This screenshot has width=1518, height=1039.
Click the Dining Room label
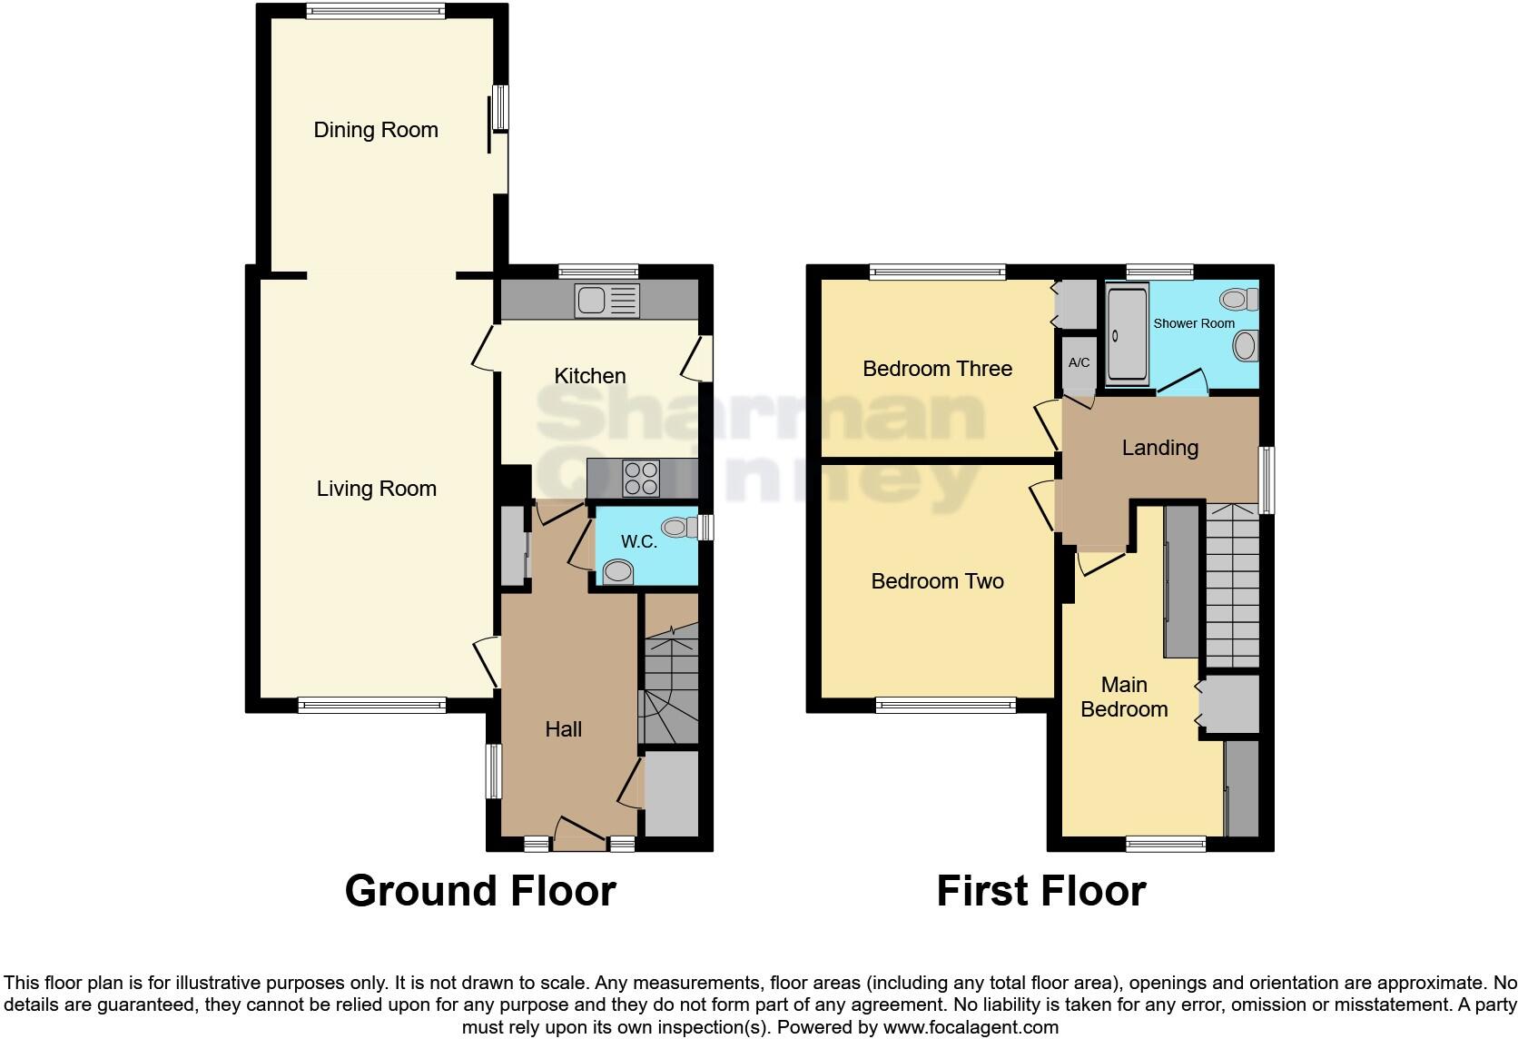pos(376,130)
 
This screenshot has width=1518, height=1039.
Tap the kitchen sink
pos(606,301)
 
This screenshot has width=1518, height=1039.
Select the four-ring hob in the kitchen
pos(640,479)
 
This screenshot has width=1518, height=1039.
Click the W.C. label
pos(638,542)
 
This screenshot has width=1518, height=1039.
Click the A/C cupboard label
pos(1079,363)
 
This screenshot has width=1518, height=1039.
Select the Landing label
pos(1159,448)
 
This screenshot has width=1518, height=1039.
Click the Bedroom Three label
pos(937,369)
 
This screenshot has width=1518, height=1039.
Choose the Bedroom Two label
pos(937,581)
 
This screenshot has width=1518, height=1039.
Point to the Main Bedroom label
pos(1124,697)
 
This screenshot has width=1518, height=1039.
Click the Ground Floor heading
pos(480,891)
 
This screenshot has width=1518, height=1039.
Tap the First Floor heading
pos(1040,891)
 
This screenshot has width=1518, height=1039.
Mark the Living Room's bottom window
pos(372,704)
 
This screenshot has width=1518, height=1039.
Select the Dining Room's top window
pos(375,12)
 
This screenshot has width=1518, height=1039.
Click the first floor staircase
pos(1232,586)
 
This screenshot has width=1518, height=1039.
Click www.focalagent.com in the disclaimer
pos(971,1028)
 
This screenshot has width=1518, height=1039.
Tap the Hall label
pos(563,729)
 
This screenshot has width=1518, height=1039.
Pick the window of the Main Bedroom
pos(1166,844)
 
